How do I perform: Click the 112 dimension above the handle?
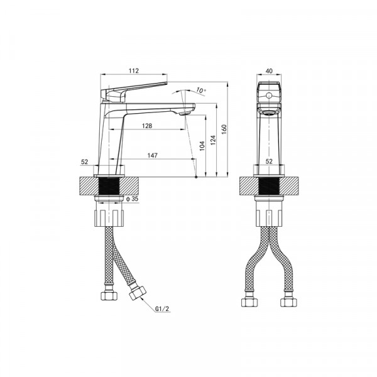(x=134, y=70)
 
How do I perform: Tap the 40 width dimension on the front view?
(x=270, y=71)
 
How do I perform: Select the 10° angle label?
(x=201, y=90)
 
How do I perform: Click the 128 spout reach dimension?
(x=147, y=126)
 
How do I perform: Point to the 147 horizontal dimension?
(x=153, y=155)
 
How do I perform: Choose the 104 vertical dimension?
(x=202, y=146)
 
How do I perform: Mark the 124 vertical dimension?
(x=213, y=140)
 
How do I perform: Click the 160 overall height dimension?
(x=224, y=129)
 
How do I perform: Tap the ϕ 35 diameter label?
(x=132, y=199)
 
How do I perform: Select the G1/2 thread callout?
(x=162, y=309)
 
